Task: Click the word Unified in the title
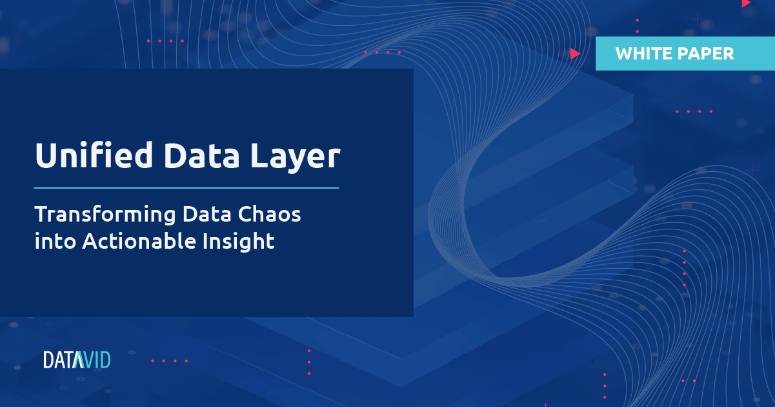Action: (x=94, y=155)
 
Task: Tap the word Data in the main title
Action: (x=202, y=156)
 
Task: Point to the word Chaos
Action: (x=270, y=214)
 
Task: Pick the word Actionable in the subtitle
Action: (x=139, y=240)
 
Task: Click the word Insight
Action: (x=239, y=242)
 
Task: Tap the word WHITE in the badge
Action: (x=642, y=54)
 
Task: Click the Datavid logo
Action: (x=77, y=360)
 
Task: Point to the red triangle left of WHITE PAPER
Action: (x=575, y=54)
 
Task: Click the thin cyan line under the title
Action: (x=186, y=188)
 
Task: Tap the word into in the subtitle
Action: (x=55, y=241)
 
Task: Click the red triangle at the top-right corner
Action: (x=746, y=3)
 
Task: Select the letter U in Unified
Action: (x=46, y=155)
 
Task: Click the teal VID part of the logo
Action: (x=93, y=360)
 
